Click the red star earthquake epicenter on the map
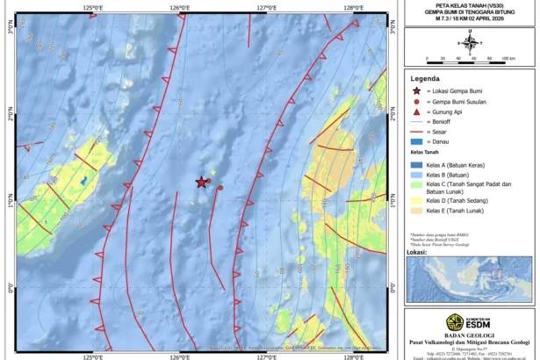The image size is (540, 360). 201,182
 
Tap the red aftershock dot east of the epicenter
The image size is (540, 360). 220,187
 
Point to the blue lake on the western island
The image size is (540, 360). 84,182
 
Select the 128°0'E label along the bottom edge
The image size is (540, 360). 353,356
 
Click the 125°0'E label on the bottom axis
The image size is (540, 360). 93,356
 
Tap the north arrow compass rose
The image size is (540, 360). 470,40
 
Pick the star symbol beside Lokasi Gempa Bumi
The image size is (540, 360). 416,91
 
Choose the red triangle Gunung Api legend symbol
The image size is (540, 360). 416,112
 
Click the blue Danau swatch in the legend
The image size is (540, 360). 416,141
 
